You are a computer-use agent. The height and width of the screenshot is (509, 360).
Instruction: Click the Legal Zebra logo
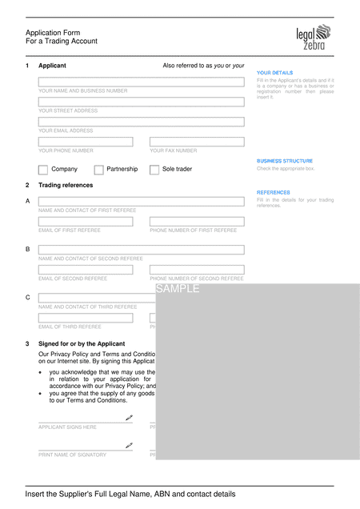pos(313,38)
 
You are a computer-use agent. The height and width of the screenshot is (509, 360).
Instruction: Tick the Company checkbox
pos(43,170)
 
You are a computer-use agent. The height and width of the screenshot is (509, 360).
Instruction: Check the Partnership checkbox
pos(98,170)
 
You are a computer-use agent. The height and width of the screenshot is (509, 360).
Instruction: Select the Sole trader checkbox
pos(154,170)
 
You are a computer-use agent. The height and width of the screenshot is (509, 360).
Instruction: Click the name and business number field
pos(141,82)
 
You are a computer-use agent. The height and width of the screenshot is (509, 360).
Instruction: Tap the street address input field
pos(141,102)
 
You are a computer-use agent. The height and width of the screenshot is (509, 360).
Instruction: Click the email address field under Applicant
pos(141,122)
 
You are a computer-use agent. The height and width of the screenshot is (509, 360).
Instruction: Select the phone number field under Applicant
pos(86,142)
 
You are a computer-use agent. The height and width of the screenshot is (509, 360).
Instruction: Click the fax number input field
pos(197,142)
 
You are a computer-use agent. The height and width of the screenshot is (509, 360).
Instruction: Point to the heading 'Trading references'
pos(66,185)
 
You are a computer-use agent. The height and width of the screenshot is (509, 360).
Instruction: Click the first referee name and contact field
pos(141,202)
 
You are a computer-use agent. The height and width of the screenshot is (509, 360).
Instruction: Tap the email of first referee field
pos(86,222)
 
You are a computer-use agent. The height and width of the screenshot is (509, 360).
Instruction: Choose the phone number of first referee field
pos(197,222)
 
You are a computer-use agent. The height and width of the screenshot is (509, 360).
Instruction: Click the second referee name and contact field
pos(141,250)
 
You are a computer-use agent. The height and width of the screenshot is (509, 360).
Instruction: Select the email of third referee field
pos(86,318)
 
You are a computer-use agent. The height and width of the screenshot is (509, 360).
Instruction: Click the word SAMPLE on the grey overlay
pos(178,289)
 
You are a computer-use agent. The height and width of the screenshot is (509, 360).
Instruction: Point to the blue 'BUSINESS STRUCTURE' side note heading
pos(285,161)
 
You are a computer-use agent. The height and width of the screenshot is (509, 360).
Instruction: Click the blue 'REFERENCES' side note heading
pos(273,192)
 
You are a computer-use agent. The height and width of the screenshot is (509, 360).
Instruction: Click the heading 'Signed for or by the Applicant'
pos(82,343)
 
